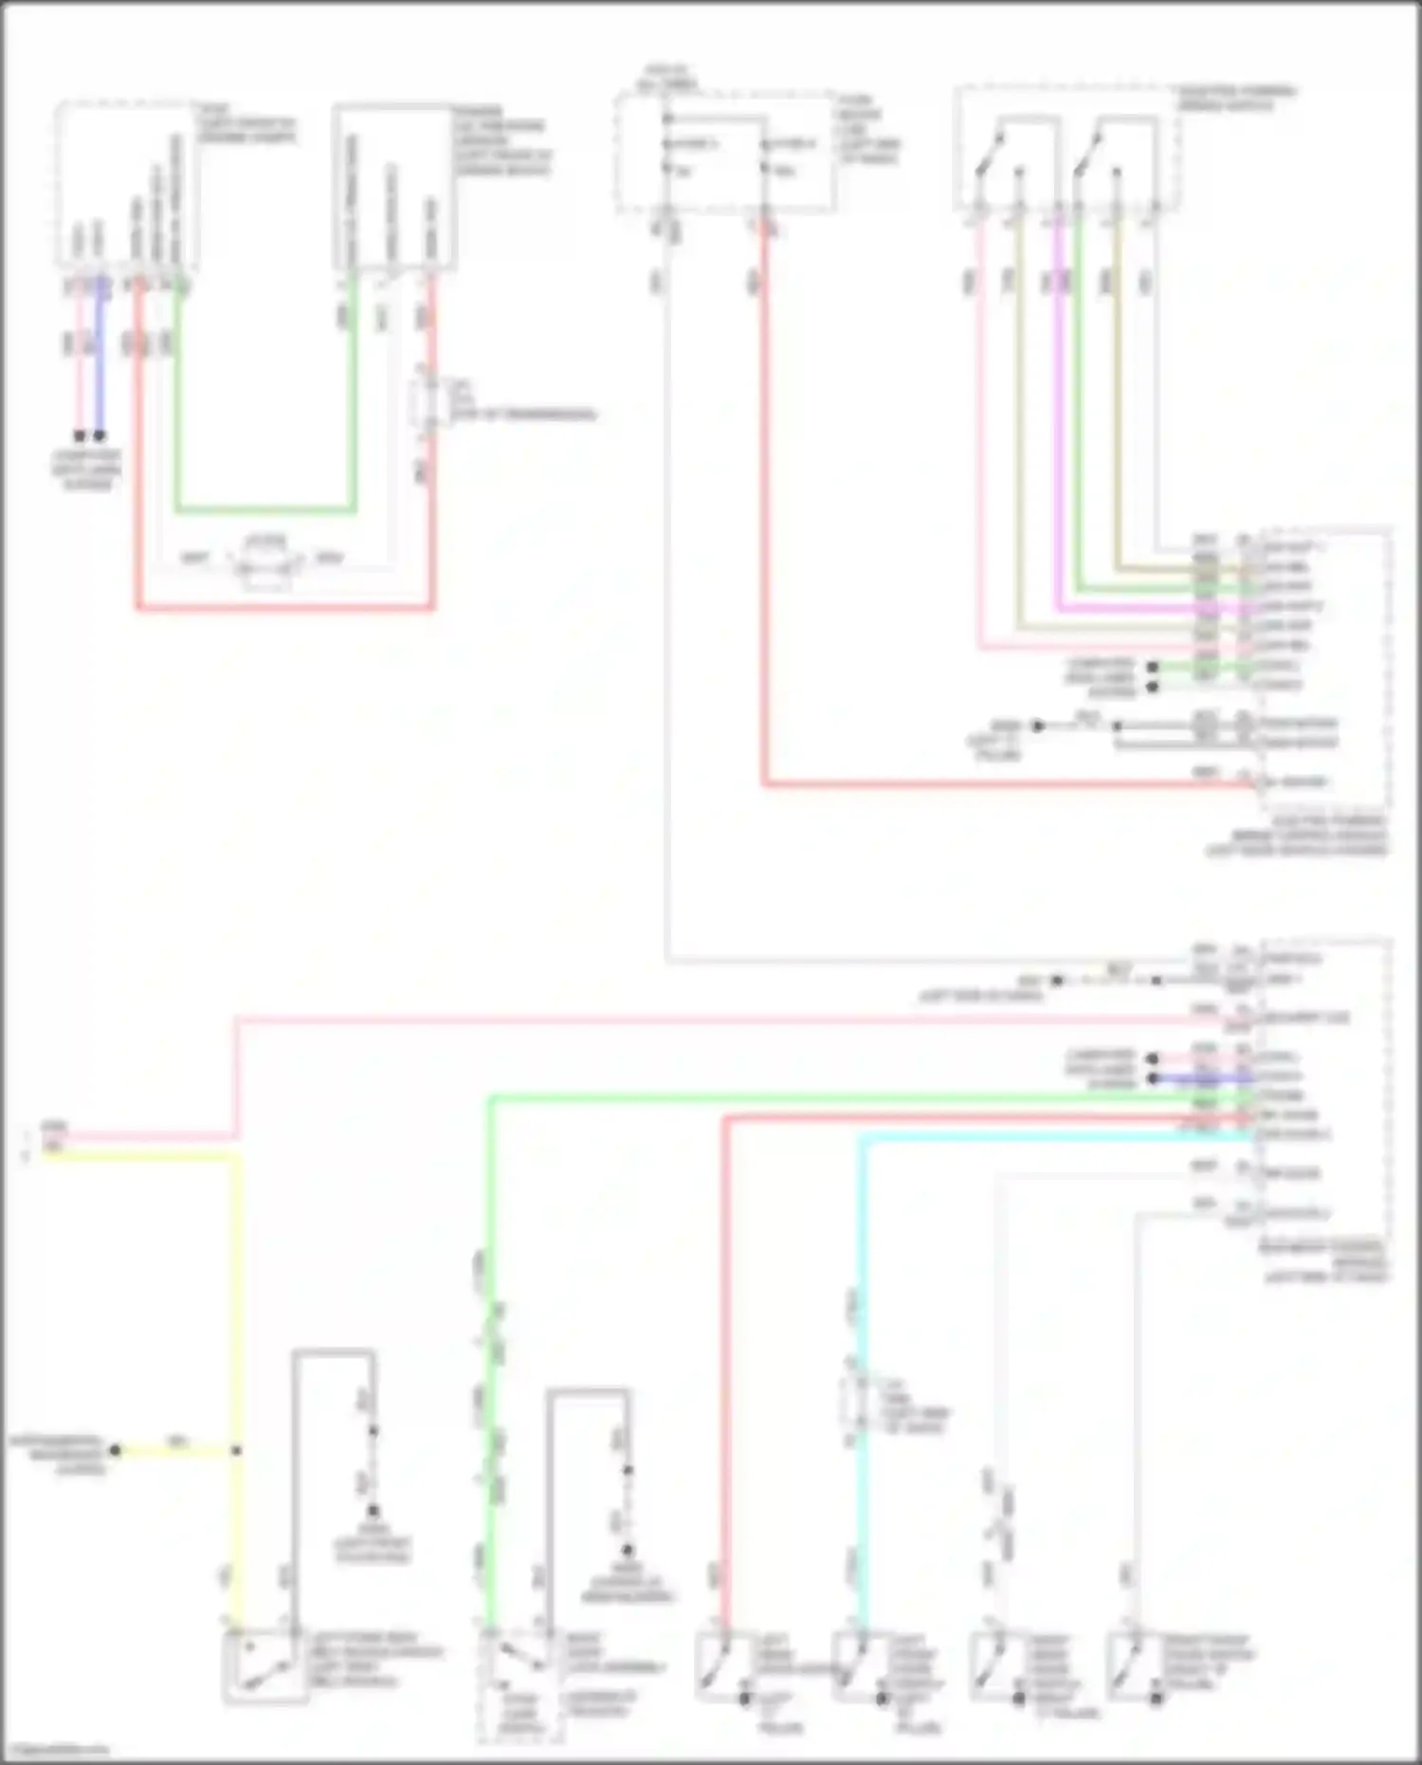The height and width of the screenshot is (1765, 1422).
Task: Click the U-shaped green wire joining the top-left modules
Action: pyautogui.click(x=265, y=510)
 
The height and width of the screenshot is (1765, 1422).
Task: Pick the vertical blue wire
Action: pyautogui.click(x=100, y=360)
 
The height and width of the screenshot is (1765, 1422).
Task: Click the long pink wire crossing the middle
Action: pyautogui.click(x=664, y=1020)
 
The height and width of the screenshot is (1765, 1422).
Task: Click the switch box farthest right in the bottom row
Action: pyautogui.click(x=1137, y=1665)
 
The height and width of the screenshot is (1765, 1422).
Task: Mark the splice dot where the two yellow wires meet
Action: pyautogui.click(x=236, y=1450)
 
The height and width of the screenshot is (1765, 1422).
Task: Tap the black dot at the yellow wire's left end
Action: pyautogui.click(x=115, y=1450)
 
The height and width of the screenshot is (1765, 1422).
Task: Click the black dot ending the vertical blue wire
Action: pyautogui.click(x=100, y=436)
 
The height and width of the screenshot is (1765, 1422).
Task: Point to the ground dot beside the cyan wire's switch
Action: pyautogui.click(x=882, y=1699)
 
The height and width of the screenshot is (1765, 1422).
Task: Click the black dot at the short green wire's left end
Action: pyautogui.click(x=1153, y=668)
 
